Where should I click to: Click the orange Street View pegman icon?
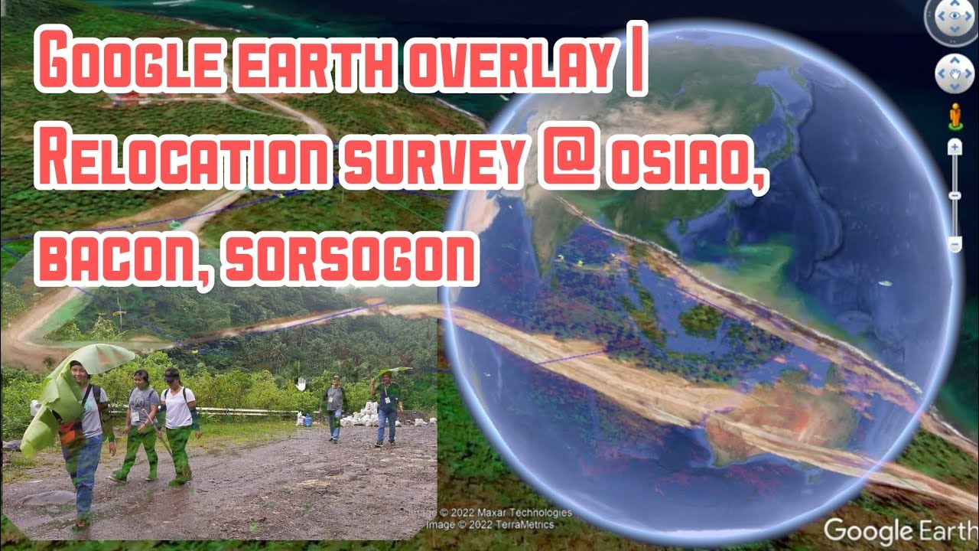click(954, 116)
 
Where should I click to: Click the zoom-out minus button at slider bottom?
click(955, 244)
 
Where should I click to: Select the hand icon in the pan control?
click(954, 73)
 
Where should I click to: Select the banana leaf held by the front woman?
click(57, 413)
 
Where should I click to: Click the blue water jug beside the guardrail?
click(307, 419)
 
